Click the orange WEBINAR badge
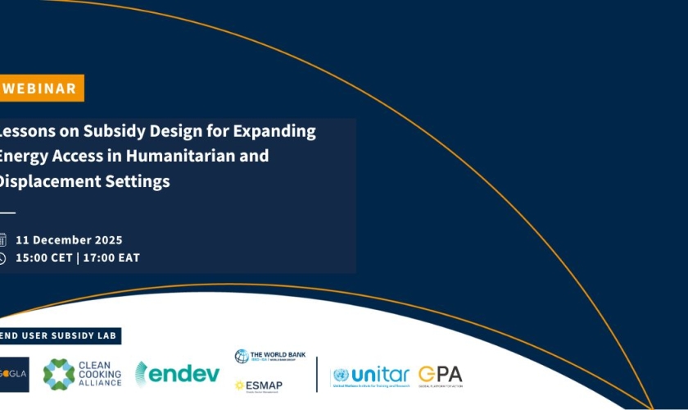41,89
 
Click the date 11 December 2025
69,240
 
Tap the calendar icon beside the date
2,240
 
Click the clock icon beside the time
2,258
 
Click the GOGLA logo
14,374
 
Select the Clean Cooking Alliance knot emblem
59,374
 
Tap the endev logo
178,374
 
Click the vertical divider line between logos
317,374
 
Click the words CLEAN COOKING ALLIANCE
99,374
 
